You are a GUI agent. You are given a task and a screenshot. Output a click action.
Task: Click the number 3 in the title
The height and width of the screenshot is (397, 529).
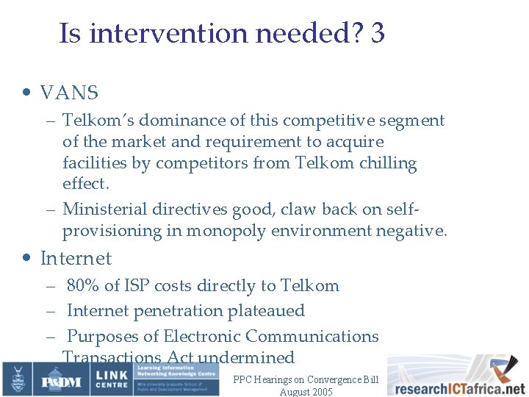point(378,33)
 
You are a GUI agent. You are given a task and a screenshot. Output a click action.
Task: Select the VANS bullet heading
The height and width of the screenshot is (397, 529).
point(69,93)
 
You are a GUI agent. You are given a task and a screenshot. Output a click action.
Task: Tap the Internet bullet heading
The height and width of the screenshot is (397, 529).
point(76,259)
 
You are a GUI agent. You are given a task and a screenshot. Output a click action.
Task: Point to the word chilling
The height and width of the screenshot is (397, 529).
point(388,163)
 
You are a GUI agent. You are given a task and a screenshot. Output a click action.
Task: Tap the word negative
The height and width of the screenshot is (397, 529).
point(411,231)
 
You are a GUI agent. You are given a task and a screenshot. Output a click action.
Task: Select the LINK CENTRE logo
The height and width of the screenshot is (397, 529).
point(111,379)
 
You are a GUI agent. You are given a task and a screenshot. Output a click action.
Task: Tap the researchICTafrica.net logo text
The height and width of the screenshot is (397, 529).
point(456,388)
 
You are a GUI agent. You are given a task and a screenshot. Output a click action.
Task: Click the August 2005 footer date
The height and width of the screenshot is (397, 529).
point(306,392)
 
